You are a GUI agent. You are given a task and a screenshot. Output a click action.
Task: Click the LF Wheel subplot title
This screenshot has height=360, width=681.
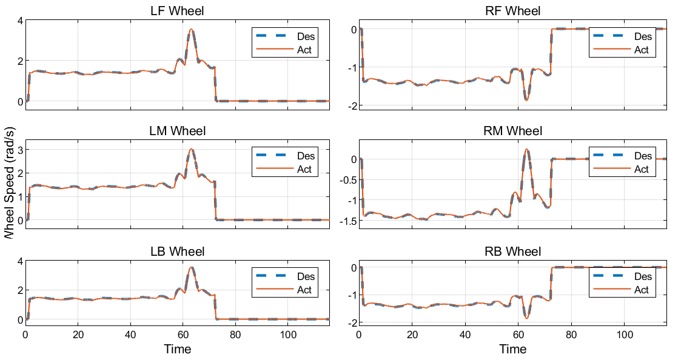pyautogui.click(x=177, y=11)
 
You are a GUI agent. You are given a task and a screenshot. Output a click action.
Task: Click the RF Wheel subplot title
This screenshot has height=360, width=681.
pyautogui.click(x=513, y=11)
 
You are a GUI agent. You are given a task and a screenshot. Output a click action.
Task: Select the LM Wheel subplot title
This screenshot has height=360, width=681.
pyautogui.click(x=177, y=131)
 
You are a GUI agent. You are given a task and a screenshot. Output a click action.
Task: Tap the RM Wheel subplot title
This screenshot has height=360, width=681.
pyautogui.click(x=513, y=131)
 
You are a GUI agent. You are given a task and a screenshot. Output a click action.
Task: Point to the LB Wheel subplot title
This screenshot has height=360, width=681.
pyautogui.click(x=177, y=252)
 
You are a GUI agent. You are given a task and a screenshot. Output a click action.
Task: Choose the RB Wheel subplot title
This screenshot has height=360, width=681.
pyautogui.click(x=513, y=252)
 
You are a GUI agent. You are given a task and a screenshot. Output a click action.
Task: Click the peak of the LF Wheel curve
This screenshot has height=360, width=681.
pyautogui.click(x=191, y=29)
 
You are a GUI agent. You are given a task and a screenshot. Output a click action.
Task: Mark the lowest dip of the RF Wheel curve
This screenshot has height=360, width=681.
pyautogui.click(x=526, y=100)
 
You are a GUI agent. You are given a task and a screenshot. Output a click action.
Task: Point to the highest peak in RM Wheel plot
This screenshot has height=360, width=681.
pyautogui.click(x=526, y=149)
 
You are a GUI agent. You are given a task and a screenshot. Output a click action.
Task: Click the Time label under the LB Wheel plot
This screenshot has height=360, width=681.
pyautogui.click(x=177, y=349)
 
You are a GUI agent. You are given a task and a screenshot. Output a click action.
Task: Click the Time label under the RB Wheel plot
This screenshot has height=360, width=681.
pyautogui.click(x=513, y=349)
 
